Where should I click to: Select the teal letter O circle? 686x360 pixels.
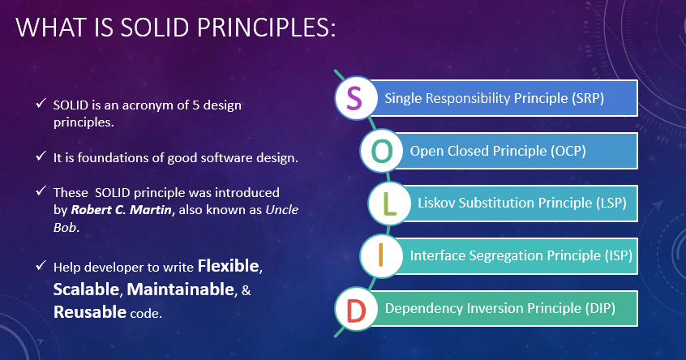tap(379, 151)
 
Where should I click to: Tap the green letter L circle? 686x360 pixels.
tap(390, 203)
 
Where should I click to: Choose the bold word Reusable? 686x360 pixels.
tap(90, 312)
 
